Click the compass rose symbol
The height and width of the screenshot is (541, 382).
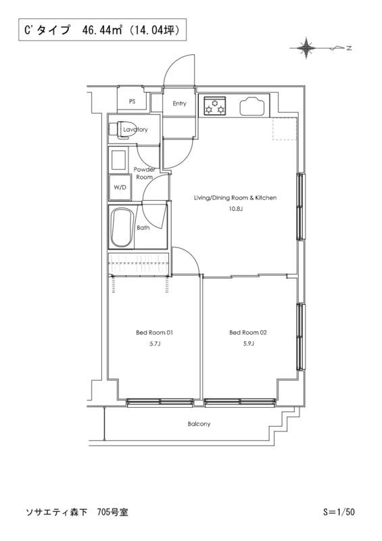tap(306, 48)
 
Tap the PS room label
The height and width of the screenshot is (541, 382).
tap(132, 102)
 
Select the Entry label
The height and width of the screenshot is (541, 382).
tap(179, 103)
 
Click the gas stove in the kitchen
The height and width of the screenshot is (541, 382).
tap(214, 105)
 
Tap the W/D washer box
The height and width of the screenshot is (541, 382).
tap(120, 187)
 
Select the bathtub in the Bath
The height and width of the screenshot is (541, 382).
tap(122, 227)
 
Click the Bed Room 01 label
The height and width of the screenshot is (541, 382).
tap(154, 333)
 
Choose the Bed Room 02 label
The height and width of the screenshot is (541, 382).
tap(248, 333)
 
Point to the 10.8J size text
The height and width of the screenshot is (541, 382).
tap(236, 209)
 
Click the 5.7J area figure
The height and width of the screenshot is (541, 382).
tap(154, 344)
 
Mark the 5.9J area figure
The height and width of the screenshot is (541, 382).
tap(248, 344)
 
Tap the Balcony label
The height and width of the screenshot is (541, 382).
tap(199, 424)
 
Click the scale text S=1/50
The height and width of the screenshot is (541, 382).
tap(339, 512)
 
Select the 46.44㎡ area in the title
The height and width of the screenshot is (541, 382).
tap(103, 30)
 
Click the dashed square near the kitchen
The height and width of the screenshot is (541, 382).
tap(285, 128)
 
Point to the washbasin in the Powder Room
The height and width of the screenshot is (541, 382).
tap(118, 160)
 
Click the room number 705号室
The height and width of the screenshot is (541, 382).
tap(112, 513)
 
